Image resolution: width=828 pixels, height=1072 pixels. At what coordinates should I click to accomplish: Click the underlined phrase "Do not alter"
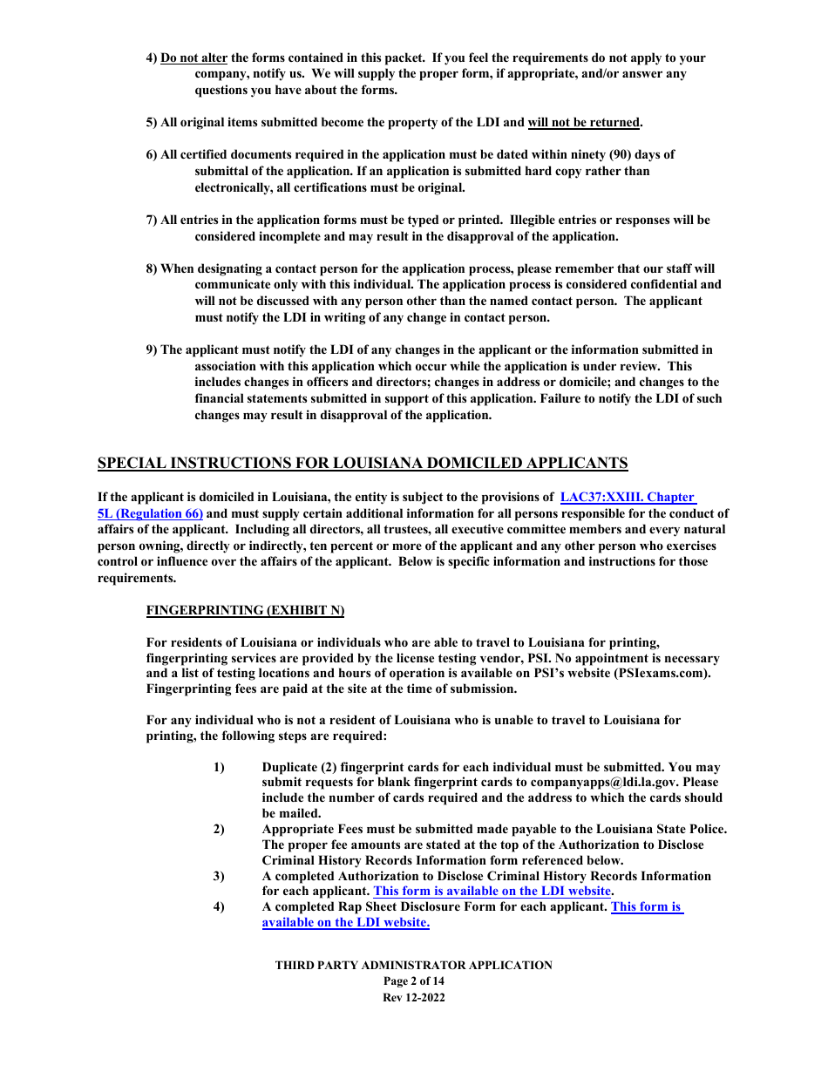pos(193,58)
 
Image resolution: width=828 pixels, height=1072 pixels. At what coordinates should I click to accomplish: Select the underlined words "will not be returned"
pos(584,123)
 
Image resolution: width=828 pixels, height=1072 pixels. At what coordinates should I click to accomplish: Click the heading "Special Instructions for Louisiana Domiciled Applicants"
pos(363,463)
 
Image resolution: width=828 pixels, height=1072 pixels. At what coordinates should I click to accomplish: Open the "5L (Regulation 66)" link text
pos(150,513)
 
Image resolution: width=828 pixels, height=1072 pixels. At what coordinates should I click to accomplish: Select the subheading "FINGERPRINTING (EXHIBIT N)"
pos(245,610)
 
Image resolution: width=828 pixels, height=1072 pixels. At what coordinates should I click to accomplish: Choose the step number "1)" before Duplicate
pos(219,767)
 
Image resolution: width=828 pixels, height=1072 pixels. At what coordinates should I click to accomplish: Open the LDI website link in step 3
pos(492,892)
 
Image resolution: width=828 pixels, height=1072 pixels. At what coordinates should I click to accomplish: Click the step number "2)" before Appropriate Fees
pos(219,829)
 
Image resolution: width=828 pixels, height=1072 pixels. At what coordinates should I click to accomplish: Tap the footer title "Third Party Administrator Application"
pos(413,966)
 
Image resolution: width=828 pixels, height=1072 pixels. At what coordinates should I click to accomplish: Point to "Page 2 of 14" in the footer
pos(413,981)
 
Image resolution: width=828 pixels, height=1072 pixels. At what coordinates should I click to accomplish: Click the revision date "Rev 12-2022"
pos(413,998)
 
